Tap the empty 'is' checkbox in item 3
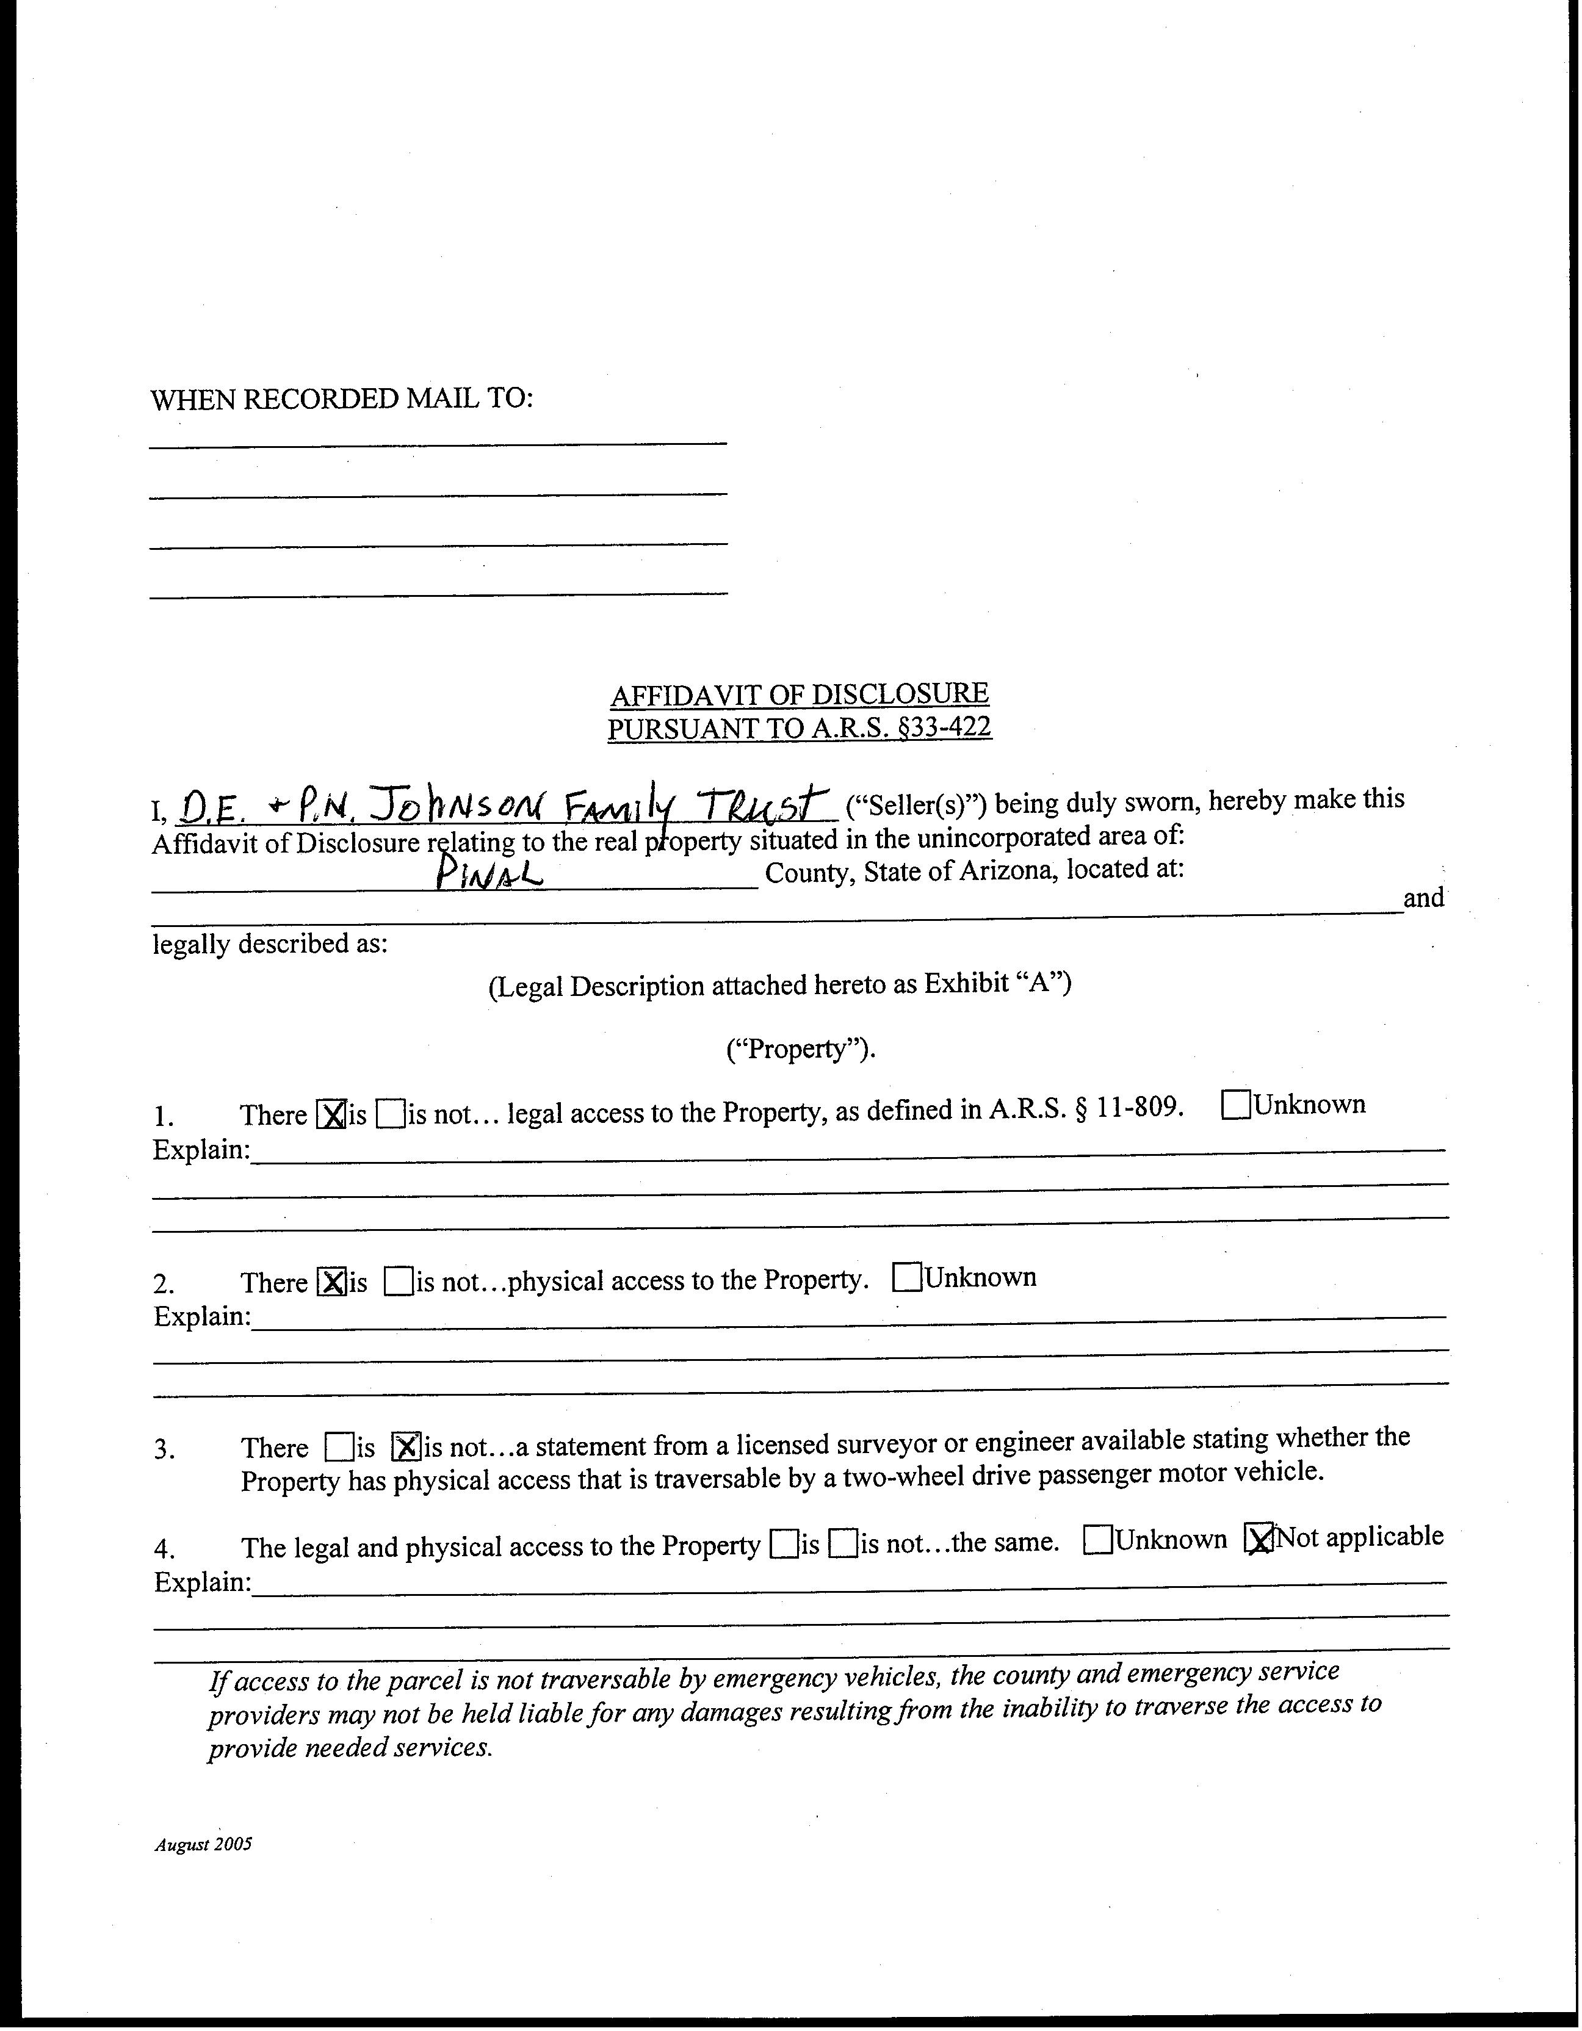[x=339, y=1447]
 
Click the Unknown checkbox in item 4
[x=1099, y=1541]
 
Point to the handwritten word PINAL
[x=489, y=873]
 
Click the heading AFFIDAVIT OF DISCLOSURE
[x=799, y=694]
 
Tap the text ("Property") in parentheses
[x=800, y=1049]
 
